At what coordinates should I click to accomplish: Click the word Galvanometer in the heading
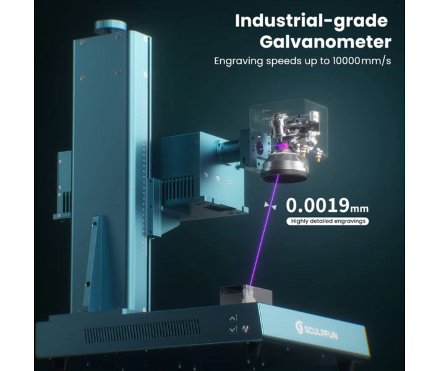coord(325,42)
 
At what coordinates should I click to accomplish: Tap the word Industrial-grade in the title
coord(312,21)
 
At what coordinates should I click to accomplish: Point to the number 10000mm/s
coord(362,61)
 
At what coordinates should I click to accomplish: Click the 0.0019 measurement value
coord(317,205)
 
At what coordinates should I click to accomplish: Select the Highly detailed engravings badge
coord(328,221)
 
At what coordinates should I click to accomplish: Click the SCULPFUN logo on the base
coord(317,330)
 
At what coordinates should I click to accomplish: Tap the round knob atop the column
coord(110,26)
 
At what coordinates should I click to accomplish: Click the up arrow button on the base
coord(233,318)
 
